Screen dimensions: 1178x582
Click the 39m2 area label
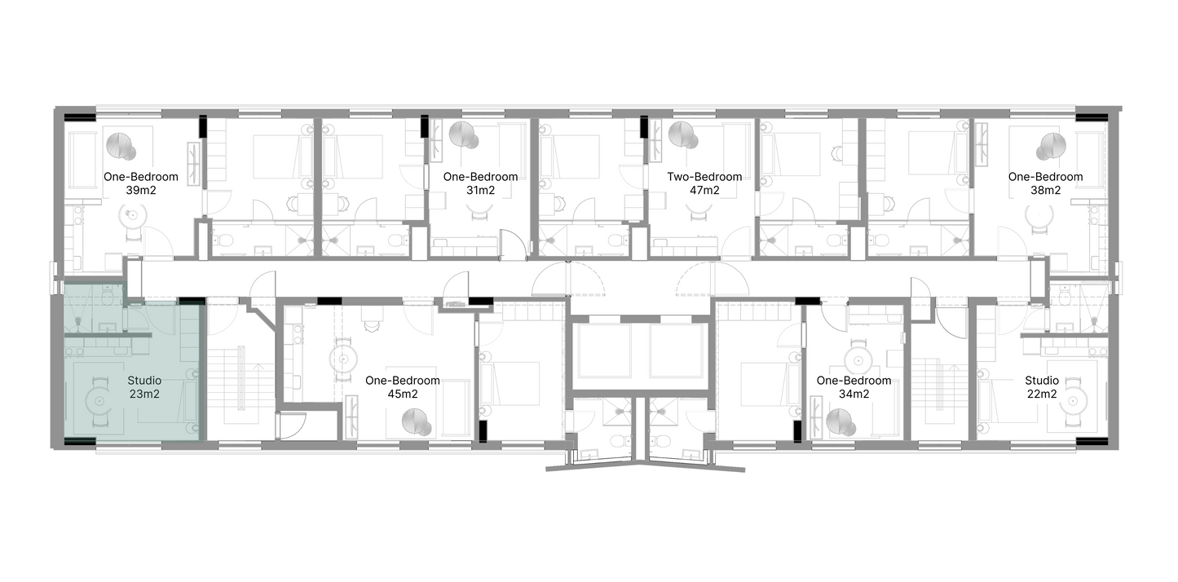point(141,190)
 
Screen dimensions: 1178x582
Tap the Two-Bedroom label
point(704,177)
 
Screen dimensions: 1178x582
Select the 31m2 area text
point(481,190)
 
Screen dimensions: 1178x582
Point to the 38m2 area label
point(1045,190)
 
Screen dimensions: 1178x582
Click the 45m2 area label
point(403,394)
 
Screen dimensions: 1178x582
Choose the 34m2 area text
point(854,394)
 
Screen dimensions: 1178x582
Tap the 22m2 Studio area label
point(1042,394)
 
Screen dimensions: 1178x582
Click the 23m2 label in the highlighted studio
point(144,394)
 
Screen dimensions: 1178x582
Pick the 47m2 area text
point(704,190)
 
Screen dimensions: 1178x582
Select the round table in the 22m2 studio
point(1073,403)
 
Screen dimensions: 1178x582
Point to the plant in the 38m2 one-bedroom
point(1052,146)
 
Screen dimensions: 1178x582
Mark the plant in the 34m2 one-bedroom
point(841,422)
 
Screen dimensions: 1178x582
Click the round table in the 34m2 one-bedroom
point(858,360)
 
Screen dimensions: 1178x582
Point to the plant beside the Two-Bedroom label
point(682,134)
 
